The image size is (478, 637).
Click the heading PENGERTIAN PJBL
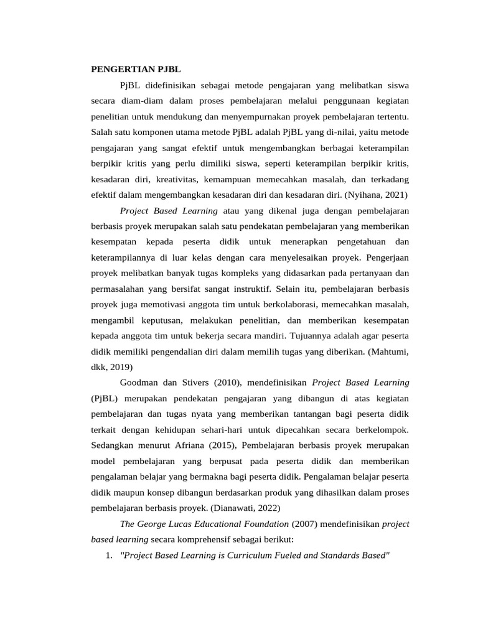point(136,68)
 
